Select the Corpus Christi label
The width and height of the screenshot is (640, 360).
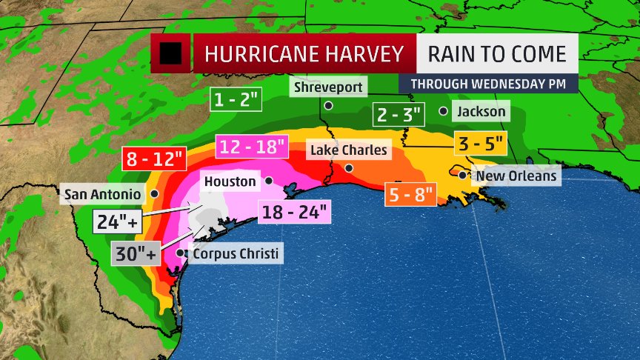(x=236, y=253)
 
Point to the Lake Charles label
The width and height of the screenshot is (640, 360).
(x=348, y=150)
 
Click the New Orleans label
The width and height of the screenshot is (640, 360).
(x=516, y=176)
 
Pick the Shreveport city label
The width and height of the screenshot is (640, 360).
(x=328, y=87)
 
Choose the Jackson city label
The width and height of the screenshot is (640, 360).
(x=481, y=112)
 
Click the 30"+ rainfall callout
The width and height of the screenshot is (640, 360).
(x=135, y=254)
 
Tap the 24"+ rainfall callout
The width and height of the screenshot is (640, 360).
(x=117, y=221)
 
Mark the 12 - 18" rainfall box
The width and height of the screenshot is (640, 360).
(x=251, y=147)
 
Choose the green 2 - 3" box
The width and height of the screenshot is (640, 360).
(x=398, y=116)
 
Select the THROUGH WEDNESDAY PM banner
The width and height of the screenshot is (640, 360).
(x=487, y=84)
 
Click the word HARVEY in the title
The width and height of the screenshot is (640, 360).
(x=366, y=54)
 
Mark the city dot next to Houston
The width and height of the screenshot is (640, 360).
(x=268, y=181)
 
